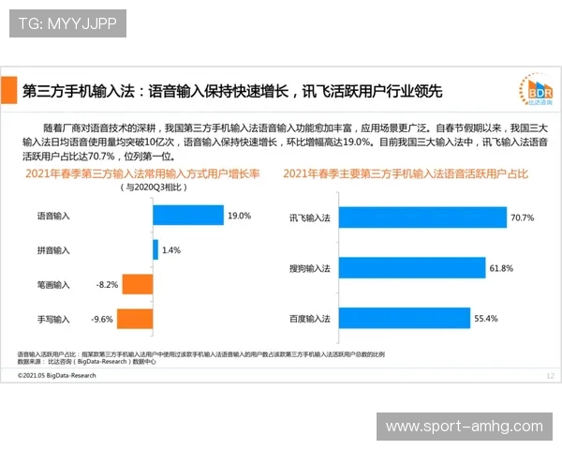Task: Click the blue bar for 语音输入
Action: tap(187, 216)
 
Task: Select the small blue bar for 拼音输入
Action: tap(155, 250)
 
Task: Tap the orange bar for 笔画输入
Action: tap(137, 284)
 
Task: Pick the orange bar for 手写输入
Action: tap(134, 319)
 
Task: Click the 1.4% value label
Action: tap(170, 250)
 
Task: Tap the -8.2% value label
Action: tap(107, 285)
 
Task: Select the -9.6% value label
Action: tap(101, 320)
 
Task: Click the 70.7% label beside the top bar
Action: tap(522, 217)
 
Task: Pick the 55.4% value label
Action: tap(485, 319)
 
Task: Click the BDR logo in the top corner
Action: tap(536, 91)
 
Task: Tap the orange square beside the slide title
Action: tap(9, 90)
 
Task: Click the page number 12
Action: tap(549, 374)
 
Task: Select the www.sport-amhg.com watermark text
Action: tap(465, 427)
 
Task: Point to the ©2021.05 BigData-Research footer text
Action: tap(56, 374)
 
